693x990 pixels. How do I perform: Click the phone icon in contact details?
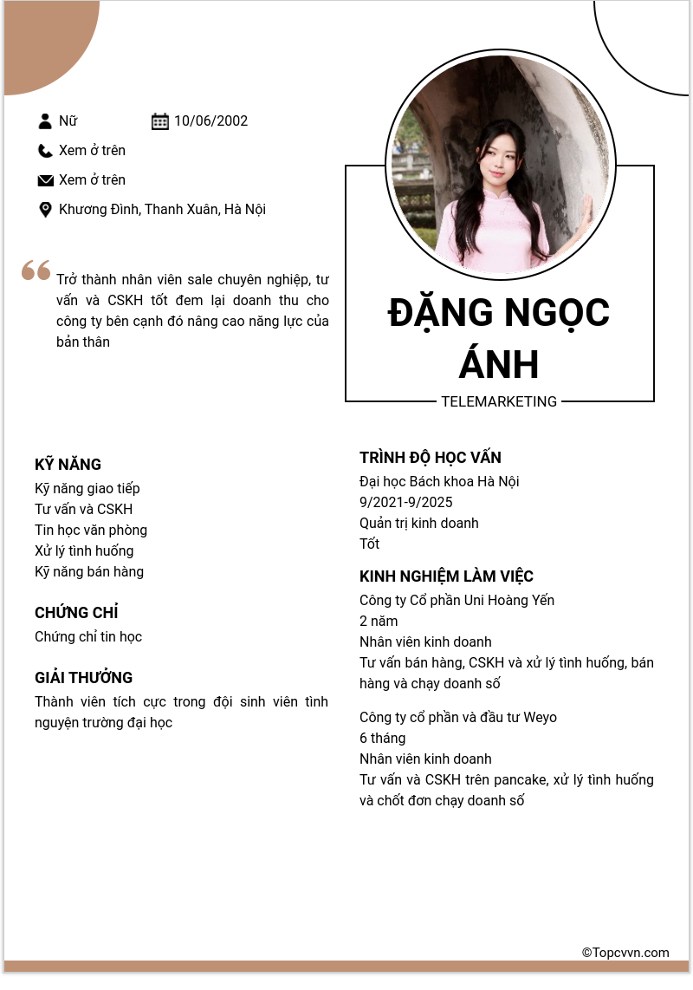point(45,151)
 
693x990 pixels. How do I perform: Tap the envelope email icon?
point(45,180)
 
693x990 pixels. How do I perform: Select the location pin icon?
point(45,210)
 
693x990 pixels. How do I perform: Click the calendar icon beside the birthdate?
point(160,121)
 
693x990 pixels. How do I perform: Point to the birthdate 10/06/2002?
point(210,121)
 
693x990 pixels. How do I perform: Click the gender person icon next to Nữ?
point(45,121)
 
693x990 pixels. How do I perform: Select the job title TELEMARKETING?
point(499,402)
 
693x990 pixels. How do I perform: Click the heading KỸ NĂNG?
point(68,465)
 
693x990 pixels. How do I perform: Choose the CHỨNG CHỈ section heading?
point(76,613)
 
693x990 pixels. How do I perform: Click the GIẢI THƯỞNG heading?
point(83,678)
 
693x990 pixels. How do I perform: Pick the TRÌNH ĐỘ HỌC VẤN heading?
point(431,458)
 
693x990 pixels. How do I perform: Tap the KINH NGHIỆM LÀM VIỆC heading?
point(446,576)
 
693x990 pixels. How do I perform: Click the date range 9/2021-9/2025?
point(405,503)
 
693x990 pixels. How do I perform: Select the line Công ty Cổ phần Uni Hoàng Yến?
point(457,601)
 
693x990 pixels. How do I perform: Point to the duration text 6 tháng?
point(382,739)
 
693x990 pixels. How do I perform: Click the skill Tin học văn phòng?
point(91,531)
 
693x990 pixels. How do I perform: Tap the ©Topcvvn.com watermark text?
point(625,953)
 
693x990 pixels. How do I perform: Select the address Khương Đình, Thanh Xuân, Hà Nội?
point(162,210)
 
